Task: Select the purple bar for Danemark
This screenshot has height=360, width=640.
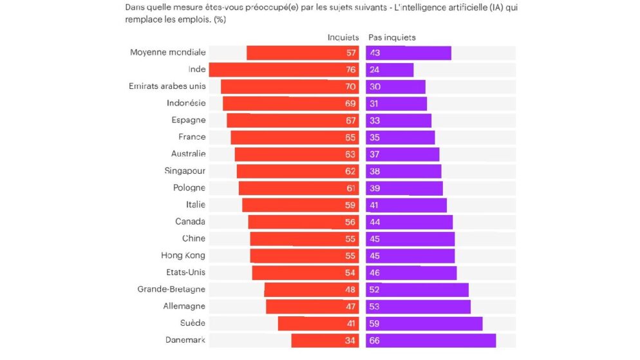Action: click(x=431, y=340)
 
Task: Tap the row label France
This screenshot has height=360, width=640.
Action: click(x=192, y=137)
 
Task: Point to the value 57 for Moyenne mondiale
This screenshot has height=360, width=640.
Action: click(x=351, y=53)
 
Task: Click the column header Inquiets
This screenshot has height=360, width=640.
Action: click(x=343, y=37)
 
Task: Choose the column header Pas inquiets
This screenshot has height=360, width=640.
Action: click(x=391, y=37)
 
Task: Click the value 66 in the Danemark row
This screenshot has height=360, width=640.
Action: click(x=375, y=340)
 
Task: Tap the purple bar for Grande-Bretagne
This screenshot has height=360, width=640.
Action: click(x=417, y=289)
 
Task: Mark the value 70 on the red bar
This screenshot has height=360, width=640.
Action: click(x=351, y=86)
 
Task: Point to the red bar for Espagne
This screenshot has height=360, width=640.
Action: click(x=287, y=120)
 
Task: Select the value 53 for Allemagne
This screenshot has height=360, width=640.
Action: click(x=375, y=307)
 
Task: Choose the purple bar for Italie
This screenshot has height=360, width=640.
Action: click(x=406, y=205)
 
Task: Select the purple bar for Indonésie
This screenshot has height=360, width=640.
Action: click(x=396, y=103)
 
